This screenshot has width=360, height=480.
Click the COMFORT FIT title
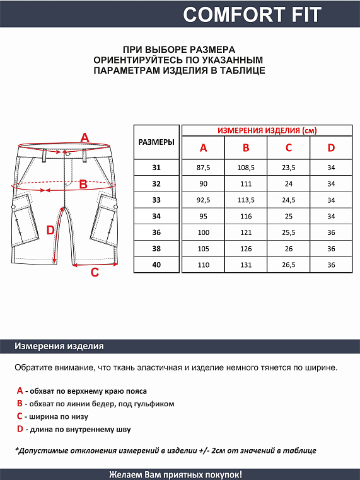[x=252, y=14]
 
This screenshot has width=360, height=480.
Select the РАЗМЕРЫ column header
[x=156, y=142]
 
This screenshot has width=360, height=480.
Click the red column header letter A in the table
[x=203, y=148]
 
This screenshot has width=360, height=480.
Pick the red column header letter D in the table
[x=331, y=148]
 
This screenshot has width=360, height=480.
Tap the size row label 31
[x=156, y=168]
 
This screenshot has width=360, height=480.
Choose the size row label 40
[x=156, y=265]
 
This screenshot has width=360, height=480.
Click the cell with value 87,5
[x=203, y=168]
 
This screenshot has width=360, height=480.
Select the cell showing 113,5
[x=246, y=200]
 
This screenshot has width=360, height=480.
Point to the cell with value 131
[x=246, y=265]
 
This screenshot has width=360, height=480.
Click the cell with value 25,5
[x=289, y=232]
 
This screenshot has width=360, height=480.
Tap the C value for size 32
[x=289, y=184]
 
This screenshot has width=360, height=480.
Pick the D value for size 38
[x=331, y=248]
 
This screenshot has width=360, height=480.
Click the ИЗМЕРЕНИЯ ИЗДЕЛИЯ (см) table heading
[x=267, y=130]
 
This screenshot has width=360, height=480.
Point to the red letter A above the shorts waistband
[x=85, y=138]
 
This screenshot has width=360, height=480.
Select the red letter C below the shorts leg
[x=95, y=273]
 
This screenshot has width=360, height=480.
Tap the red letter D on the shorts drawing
[x=51, y=231]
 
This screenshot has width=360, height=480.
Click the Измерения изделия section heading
[x=59, y=346]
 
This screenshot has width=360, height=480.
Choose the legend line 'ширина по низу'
[x=57, y=416]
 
